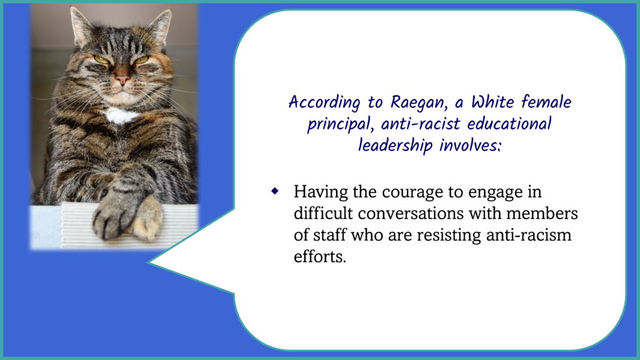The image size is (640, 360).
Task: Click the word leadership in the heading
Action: click(x=395, y=145)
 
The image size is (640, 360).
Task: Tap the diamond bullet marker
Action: click(x=275, y=191)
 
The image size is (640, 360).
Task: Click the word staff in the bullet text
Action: click(x=329, y=235)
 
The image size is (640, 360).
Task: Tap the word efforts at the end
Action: click(x=320, y=256)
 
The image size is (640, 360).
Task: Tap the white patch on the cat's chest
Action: click(x=121, y=116)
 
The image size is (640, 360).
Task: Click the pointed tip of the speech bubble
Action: click(x=148, y=263)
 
